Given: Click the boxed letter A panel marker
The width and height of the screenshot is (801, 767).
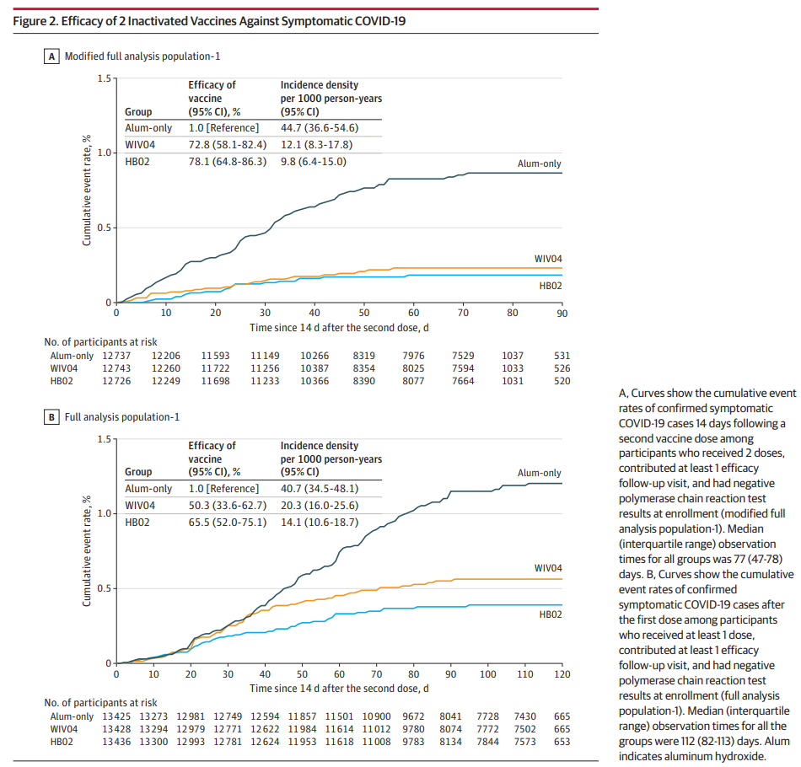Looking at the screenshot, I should (51, 56).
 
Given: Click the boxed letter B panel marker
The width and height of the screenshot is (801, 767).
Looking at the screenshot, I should (51, 416).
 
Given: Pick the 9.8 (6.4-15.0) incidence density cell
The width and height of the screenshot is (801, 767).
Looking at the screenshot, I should (313, 161).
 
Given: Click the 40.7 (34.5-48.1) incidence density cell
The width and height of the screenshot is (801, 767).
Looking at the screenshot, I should (319, 488).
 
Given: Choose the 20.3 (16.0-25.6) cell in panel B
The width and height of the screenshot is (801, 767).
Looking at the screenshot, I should (319, 505).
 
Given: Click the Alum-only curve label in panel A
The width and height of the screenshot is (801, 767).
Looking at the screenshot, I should (539, 164).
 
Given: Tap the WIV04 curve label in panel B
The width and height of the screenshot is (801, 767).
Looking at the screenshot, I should (548, 568).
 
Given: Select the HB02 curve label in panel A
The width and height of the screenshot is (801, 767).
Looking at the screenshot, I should (551, 287).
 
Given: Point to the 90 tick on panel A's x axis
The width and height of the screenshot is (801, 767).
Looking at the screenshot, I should (562, 313).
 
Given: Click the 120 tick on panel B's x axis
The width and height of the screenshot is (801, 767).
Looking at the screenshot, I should (562, 673).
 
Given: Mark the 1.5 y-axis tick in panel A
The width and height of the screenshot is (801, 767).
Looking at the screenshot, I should (104, 78).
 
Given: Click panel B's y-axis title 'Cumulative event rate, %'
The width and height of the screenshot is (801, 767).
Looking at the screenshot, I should (86, 550).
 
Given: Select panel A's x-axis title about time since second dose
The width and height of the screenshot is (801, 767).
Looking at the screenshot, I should (340, 326).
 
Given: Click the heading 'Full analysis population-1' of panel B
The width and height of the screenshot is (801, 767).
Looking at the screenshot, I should (121, 416).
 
